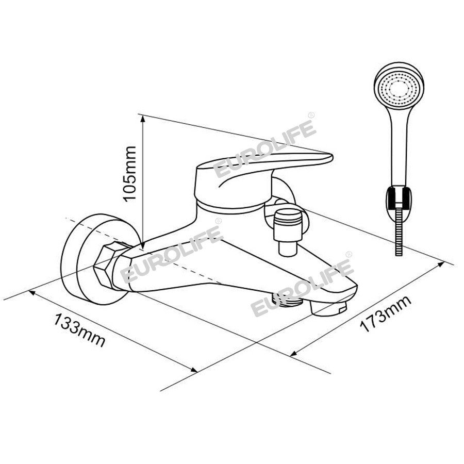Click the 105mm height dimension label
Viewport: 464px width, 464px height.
(x=129, y=174)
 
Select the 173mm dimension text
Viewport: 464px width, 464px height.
(x=385, y=313)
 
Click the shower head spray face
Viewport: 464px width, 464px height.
(x=399, y=87)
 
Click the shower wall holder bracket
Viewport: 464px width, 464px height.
(x=399, y=200)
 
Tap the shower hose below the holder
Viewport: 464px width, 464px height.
(x=399, y=233)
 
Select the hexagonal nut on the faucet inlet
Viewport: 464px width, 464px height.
(x=109, y=264)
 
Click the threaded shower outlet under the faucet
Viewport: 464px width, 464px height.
(x=289, y=301)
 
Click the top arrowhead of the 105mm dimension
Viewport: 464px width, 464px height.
(x=143, y=119)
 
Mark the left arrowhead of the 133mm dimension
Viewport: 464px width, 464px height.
(x=32, y=293)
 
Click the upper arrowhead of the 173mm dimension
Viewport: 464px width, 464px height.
(x=441, y=264)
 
